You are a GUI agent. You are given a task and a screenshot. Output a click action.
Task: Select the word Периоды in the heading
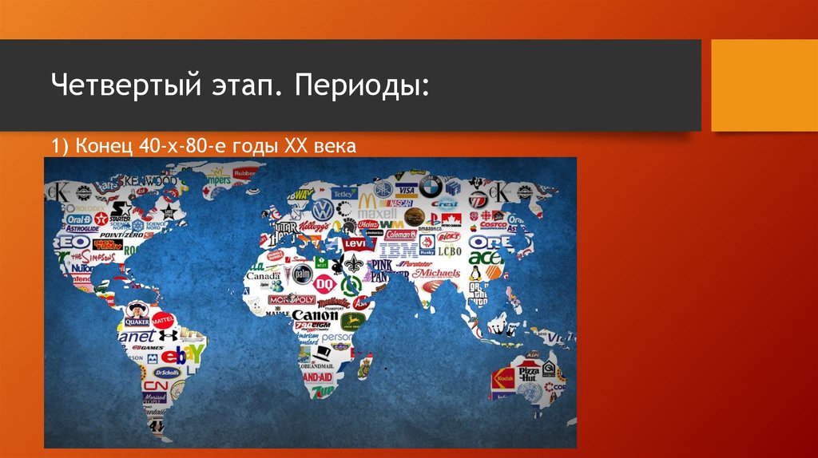click(x=361, y=85)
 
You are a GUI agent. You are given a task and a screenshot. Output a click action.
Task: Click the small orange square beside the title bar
click(x=764, y=85)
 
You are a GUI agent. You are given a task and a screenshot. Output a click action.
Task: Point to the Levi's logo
click(x=354, y=244)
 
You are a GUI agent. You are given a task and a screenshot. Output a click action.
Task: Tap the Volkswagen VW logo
click(x=322, y=209)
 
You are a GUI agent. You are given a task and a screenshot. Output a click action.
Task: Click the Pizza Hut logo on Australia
click(x=530, y=373)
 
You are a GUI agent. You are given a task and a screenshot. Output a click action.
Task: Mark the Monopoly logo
click(x=291, y=300)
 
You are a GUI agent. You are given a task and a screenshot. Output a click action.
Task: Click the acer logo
click(x=485, y=257)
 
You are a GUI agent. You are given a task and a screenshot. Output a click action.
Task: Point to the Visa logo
click(x=405, y=191)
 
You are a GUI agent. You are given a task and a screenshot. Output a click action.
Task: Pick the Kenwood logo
click(x=151, y=180)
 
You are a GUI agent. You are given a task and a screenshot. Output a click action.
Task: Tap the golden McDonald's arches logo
click(x=366, y=200)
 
